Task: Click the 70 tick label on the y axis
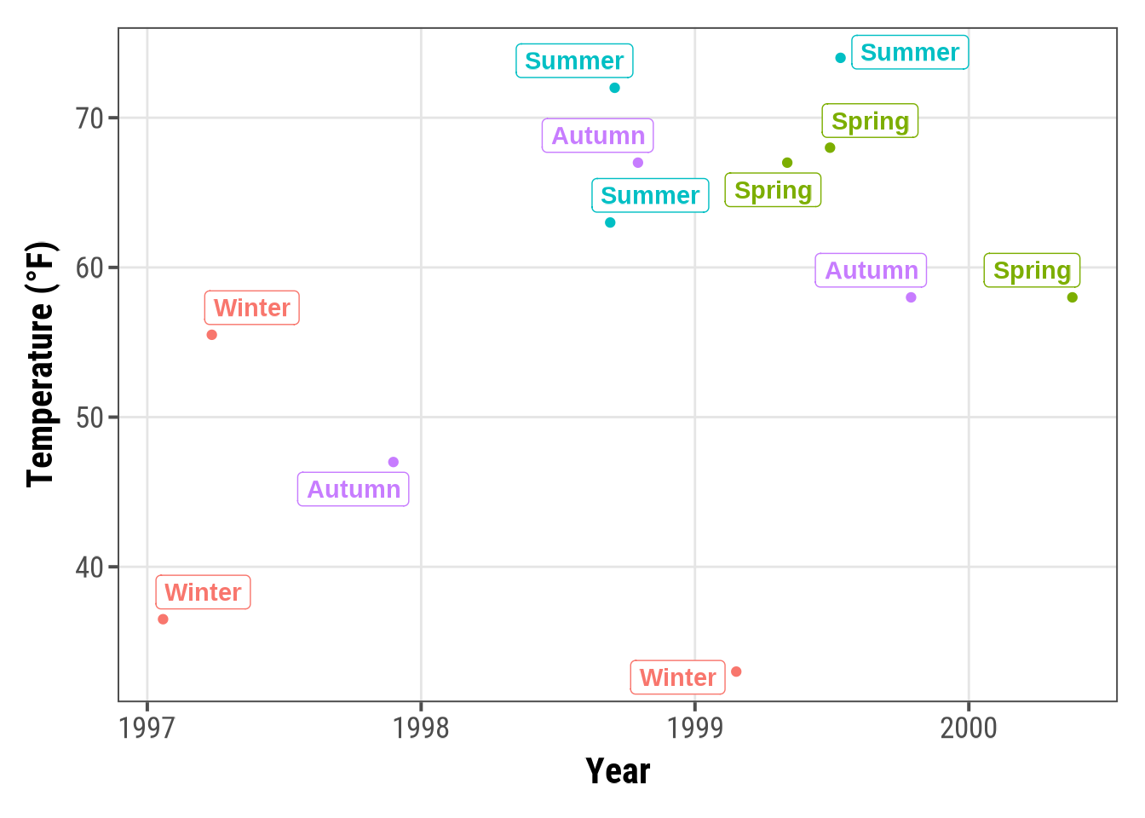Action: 89,118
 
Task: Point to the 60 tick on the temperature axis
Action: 89,268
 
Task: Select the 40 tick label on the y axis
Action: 89,567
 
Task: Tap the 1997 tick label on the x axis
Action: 147,729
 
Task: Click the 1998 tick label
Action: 421,729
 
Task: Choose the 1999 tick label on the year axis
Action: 695,729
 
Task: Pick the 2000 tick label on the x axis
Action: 969,729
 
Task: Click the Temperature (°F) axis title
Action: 40,365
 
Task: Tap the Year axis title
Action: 618,771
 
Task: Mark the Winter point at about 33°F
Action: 736,671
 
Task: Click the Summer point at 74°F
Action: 841,58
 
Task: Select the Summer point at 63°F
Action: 610,222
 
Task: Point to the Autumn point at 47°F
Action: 394,462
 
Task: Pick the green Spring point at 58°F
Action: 1073,297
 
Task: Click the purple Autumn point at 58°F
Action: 911,297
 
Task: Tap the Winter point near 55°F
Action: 212,335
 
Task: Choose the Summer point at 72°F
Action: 615,88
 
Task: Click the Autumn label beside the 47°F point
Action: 354,490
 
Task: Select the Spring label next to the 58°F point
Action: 1032,271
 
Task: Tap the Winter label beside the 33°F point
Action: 677,677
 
